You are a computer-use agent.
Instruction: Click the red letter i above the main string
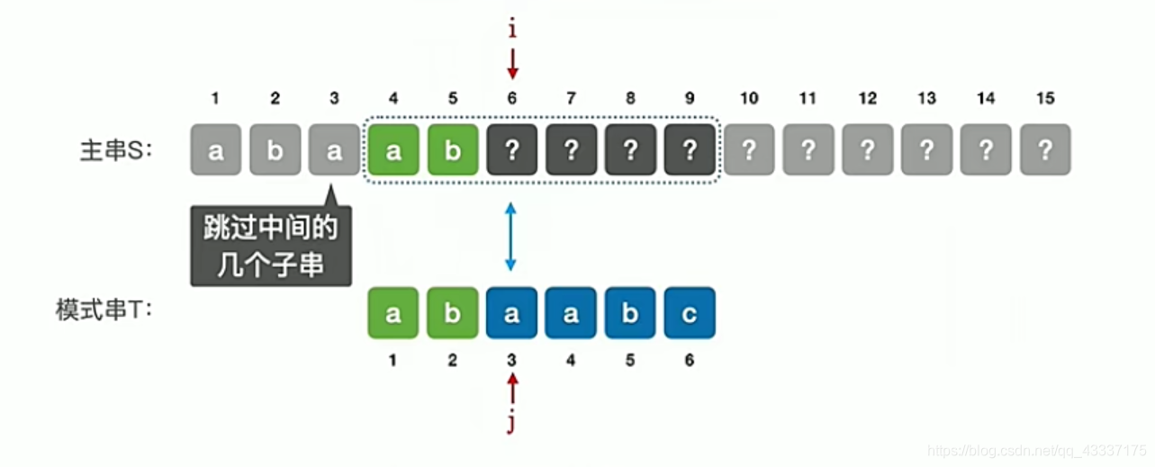pyautogui.click(x=512, y=30)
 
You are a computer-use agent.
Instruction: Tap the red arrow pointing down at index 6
pyautogui.click(x=512, y=64)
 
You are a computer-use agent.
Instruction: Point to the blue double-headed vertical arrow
pyautogui.click(x=511, y=237)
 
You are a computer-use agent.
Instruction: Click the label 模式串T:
pyautogui.click(x=104, y=312)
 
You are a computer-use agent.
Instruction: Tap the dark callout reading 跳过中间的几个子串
pyautogui.click(x=270, y=247)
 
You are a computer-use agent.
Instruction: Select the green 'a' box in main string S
pyautogui.click(x=393, y=150)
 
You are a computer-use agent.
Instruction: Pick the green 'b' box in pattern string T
pyautogui.click(x=452, y=313)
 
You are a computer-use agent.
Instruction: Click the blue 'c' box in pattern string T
pyautogui.click(x=690, y=313)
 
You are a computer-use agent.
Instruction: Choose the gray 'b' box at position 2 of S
pyautogui.click(x=275, y=150)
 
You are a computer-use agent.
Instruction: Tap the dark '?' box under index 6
pyautogui.click(x=512, y=150)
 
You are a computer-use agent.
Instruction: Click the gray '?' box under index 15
pyautogui.click(x=1045, y=150)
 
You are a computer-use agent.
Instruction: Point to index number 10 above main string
pyautogui.click(x=749, y=99)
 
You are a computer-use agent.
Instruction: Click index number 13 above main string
pyautogui.click(x=926, y=99)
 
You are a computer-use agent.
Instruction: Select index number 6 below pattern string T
pyautogui.click(x=690, y=361)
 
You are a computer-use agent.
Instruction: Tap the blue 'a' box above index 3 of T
pyautogui.click(x=512, y=313)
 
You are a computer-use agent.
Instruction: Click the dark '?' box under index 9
pyautogui.click(x=690, y=150)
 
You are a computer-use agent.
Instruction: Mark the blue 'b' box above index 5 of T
pyautogui.click(x=630, y=313)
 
